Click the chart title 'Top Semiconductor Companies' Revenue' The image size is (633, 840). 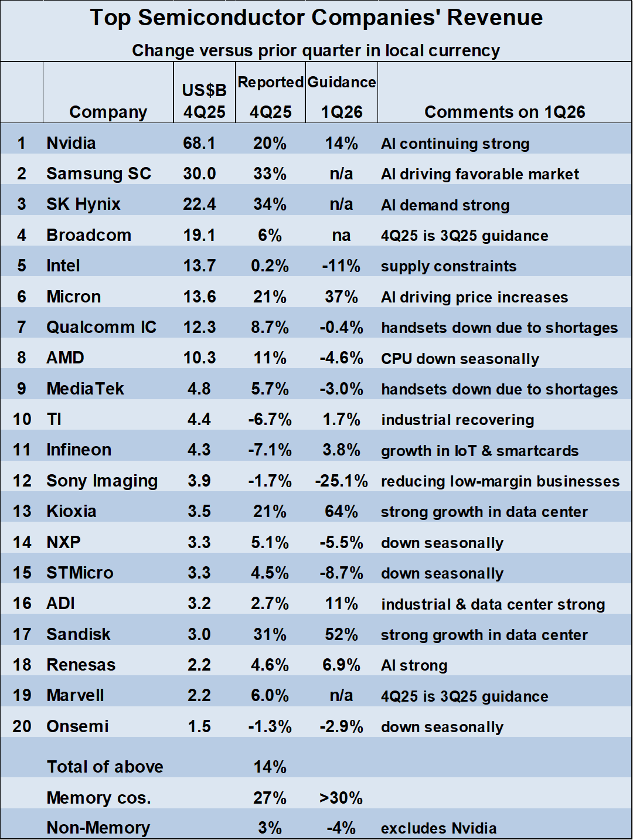[x=316, y=18]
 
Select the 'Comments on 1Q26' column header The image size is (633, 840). [x=505, y=112]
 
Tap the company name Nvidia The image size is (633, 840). [x=71, y=143]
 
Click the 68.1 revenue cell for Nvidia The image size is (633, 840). [x=199, y=143]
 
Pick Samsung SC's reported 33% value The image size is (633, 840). [x=270, y=174]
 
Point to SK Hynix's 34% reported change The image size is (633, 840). [x=270, y=205]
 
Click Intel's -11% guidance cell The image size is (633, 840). [x=341, y=266]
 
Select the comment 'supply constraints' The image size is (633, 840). [x=448, y=266]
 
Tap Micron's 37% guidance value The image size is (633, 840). [x=341, y=297]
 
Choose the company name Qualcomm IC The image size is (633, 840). [x=101, y=327]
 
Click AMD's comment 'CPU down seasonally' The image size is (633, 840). [x=460, y=358]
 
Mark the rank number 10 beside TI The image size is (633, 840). [x=22, y=420]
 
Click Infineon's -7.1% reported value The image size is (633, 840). [x=270, y=450]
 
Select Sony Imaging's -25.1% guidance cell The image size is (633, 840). [x=341, y=481]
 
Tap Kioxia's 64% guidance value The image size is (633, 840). [x=341, y=512]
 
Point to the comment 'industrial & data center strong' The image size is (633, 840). [x=493, y=604]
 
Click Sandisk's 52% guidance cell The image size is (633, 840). [x=341, y=634]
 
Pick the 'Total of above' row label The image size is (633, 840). [x=105, y=767]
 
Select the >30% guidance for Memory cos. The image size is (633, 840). [x=341, y=798]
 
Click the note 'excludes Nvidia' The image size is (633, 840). [x=438, y=828]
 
